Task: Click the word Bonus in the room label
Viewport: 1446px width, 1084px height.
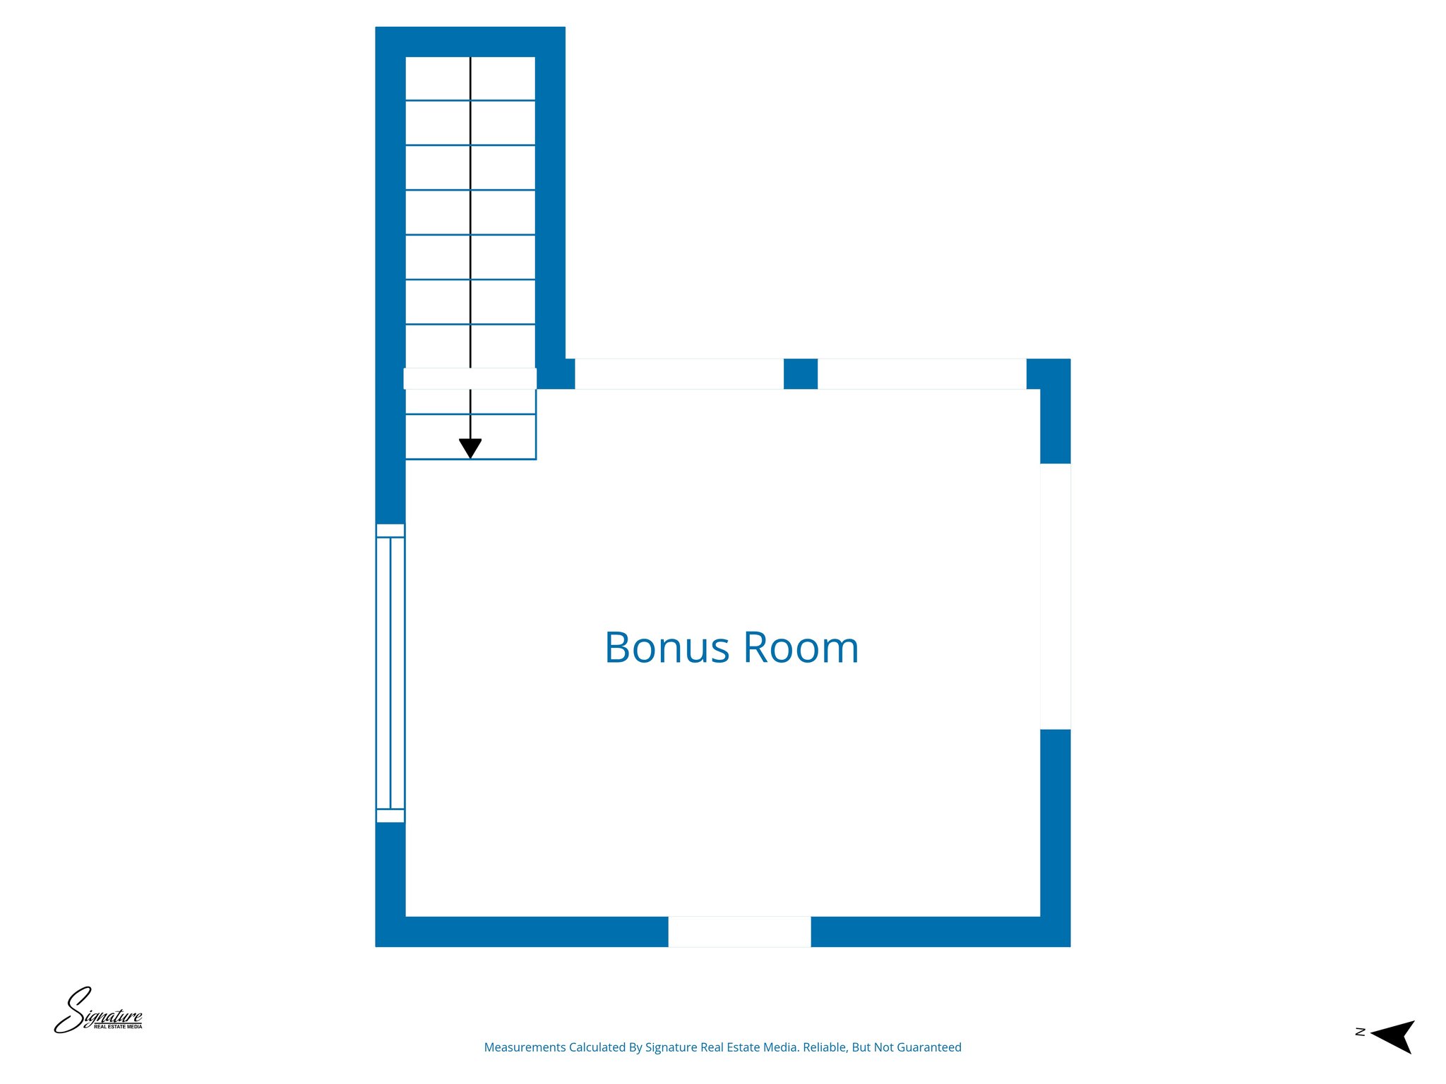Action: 667,648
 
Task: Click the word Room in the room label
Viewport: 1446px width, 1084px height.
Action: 801,648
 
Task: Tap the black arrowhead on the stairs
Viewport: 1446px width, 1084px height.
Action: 470,448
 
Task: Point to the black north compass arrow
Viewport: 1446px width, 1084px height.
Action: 1394,1036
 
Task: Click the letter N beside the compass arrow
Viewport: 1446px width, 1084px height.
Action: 1360,1032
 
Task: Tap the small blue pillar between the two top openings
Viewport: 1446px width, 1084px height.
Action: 801,374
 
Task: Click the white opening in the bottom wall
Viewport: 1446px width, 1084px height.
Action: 739,932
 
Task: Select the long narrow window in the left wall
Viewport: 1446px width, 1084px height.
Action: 390,673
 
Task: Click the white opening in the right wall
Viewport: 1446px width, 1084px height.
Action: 1056,596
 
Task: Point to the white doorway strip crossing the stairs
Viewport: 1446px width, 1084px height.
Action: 470,378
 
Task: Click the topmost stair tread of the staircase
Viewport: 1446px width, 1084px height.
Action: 470,78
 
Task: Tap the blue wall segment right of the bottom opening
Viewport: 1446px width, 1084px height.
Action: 940,932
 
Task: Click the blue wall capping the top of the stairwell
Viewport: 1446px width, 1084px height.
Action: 470,42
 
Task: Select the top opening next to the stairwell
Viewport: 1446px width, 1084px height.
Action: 679,374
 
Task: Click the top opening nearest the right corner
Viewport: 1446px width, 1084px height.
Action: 921,374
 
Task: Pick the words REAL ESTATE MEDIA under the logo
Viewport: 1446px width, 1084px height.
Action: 118,1027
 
